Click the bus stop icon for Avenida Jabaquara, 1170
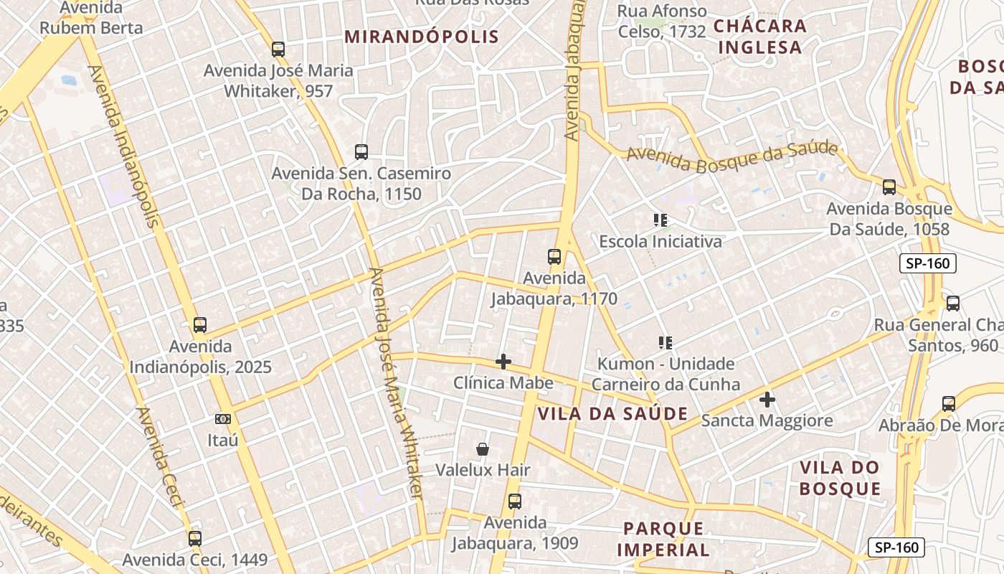(x=554, y=257)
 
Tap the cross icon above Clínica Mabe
(x=503, y=362)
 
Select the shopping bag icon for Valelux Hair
(x=483, y=449)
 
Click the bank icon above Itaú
(x=223, y=418)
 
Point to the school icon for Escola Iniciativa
(x=660, y=220)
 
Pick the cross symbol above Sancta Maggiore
(x=767, y=399)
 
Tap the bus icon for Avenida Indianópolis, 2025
(x=200, y=325)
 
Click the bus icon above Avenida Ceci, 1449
(x=195, y=538)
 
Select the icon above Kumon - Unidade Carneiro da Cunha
(x=666, y=343)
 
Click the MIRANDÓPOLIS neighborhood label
(x=422, y=37)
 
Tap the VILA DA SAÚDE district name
(x=612, y=414)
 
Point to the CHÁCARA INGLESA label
(x=759, y=37)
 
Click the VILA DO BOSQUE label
(x=840, y=478)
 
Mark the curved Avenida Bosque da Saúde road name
(x=731, y=157)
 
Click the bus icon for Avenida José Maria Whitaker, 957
(x=278, y=50)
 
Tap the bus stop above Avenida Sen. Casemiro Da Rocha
(x=361, y=152)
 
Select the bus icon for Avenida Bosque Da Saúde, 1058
(x=889, y=187)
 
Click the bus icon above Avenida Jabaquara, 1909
(x=514, y=502)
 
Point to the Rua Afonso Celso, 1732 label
(x=662, y=22)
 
